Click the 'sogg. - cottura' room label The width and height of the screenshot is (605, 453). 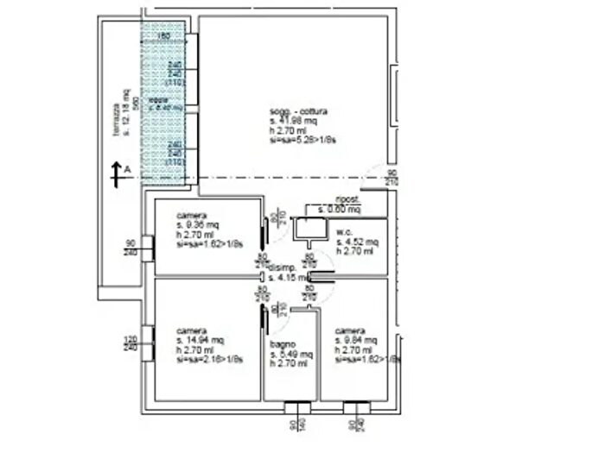(298, 112)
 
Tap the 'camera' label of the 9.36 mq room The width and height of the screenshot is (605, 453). (190, 215)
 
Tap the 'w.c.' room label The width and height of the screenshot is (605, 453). (343, 232)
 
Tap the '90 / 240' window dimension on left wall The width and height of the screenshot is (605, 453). (131, 248)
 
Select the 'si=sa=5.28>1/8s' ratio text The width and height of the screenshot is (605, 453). (301, 138)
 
